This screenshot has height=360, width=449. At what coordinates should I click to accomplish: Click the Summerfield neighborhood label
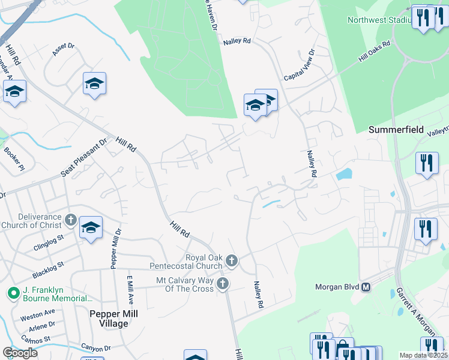coord(396,130)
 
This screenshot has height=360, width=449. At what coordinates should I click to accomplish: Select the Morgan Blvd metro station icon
coord(366,287)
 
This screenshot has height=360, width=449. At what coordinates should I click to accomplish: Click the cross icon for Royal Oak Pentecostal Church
coord(232,260)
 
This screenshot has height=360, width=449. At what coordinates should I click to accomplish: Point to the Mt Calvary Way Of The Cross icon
coord(223,283)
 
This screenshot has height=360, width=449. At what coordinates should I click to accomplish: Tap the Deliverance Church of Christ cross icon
coord(70,220)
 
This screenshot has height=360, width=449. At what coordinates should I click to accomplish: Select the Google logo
coord(20,352)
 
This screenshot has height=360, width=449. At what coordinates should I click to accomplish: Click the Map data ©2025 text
coord(423,355)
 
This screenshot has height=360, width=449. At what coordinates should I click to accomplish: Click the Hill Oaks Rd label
coord(374,52)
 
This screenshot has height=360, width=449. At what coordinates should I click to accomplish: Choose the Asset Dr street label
coord(63,49)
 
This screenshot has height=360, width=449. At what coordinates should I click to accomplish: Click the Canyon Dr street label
coord(96,348)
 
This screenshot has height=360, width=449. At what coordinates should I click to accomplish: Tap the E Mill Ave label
coord(128,290)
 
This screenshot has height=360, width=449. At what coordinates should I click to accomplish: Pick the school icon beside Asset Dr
coord(95,83)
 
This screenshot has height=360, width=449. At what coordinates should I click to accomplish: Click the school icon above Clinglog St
coord(91,227)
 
